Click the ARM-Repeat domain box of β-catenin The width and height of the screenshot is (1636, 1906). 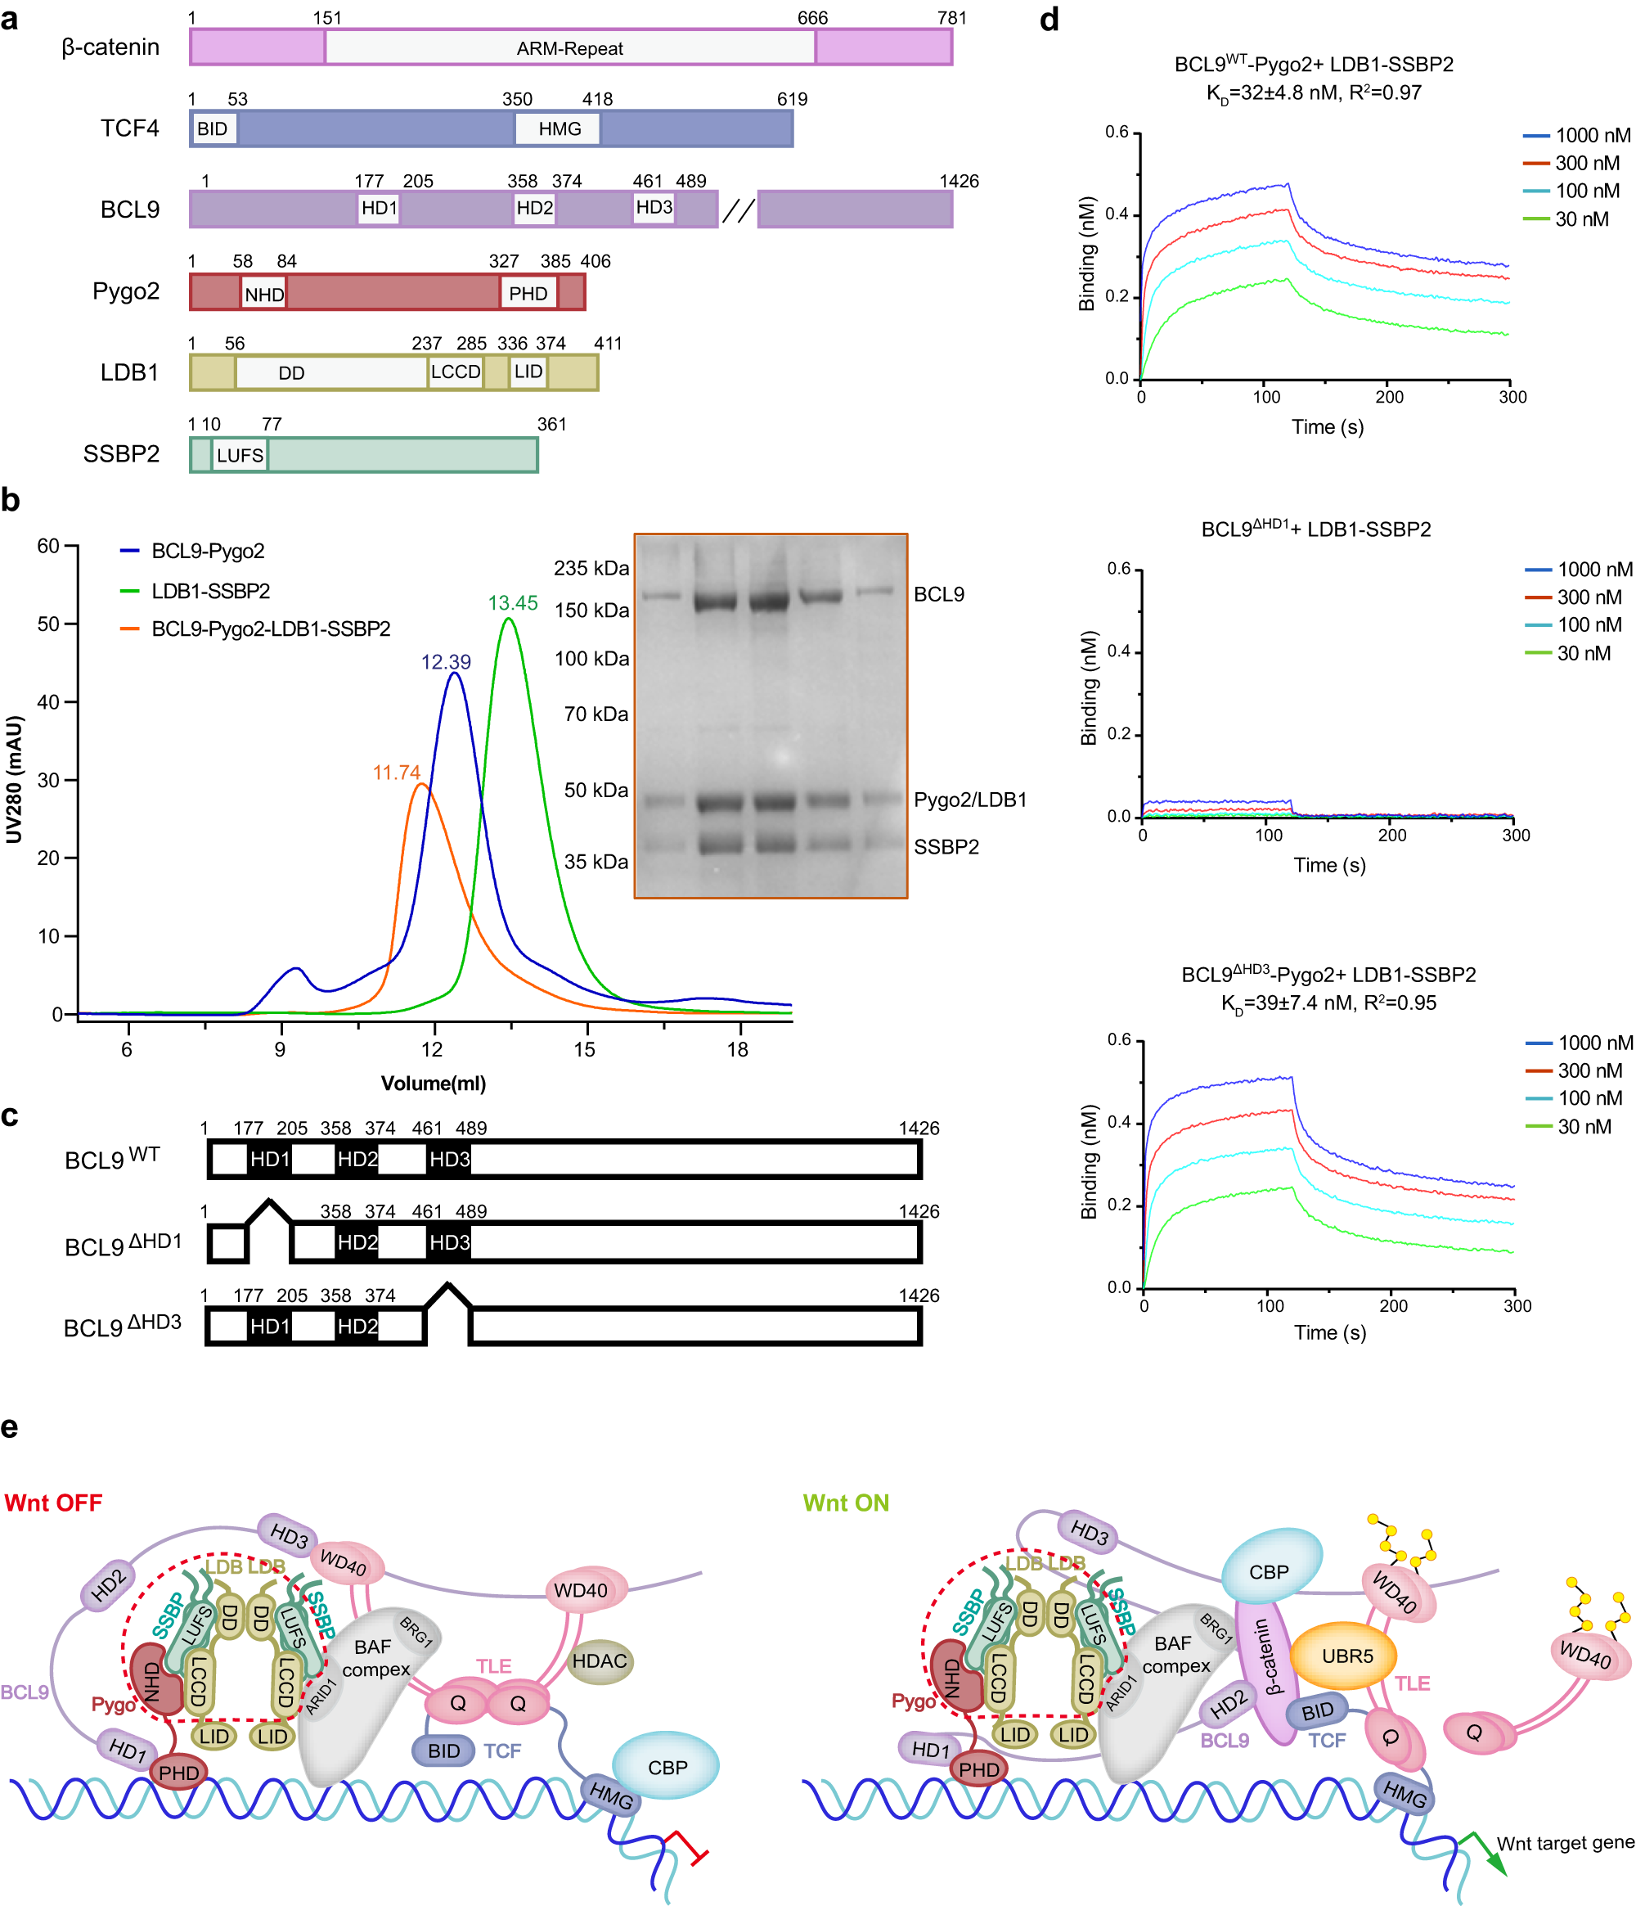[569, 47]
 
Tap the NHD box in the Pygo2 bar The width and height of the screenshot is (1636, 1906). [264, 295]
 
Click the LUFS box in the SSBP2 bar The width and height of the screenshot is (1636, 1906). [240, 455]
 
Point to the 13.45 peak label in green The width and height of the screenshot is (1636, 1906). [512, 603]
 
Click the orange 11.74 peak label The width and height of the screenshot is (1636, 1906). [397, 773]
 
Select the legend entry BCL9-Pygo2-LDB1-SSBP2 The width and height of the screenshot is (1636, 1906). [271, 629]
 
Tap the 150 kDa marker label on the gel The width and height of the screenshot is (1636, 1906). [591, 611]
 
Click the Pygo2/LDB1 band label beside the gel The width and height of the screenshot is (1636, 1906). [969, 800]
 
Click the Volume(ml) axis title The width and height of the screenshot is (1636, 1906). [434, 1084]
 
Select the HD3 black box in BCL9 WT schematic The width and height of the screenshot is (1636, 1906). [449, 1160]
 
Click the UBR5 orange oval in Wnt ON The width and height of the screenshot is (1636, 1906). [1346, 1656]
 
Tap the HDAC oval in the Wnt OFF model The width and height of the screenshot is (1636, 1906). [600, 1661]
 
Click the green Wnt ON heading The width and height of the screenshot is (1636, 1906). [845, 1503]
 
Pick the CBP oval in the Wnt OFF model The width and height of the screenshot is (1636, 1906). [667, 1767]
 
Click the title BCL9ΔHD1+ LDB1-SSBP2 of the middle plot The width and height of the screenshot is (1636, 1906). [1315, 529]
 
